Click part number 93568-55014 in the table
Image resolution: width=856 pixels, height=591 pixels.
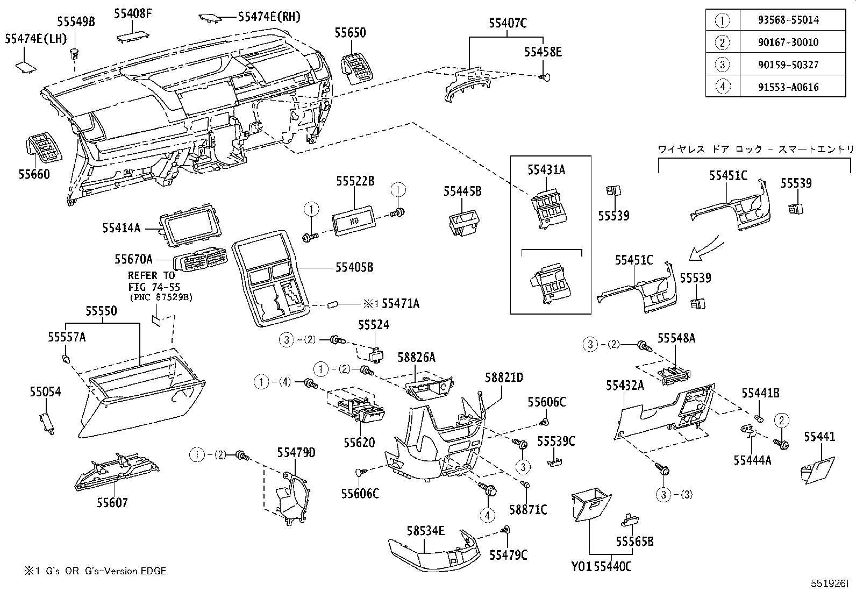click(x=793, y=20)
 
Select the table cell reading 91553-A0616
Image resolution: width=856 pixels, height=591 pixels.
click(x=793, y=87)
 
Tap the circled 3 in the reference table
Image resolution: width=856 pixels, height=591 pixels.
click(x=722, y=65)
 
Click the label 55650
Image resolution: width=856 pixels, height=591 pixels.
click(x=350, y=33)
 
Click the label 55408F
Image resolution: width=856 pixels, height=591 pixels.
click(x=132, y=12)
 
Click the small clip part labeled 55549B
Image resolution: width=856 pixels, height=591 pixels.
click(x=75, y=53)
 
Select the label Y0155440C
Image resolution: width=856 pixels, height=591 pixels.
click(x=601, y=566)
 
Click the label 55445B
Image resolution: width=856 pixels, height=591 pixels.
click(x=462, y=191)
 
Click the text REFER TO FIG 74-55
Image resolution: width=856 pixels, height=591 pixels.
click(x=151, y=282)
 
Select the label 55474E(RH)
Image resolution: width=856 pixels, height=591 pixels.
click(x=269, y=17)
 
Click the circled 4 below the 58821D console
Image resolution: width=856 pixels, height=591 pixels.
click(x=487, y=515)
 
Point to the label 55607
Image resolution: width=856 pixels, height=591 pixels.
click(x=112, y=503)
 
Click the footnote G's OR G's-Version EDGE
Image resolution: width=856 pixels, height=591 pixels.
click(x=90, y=571)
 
